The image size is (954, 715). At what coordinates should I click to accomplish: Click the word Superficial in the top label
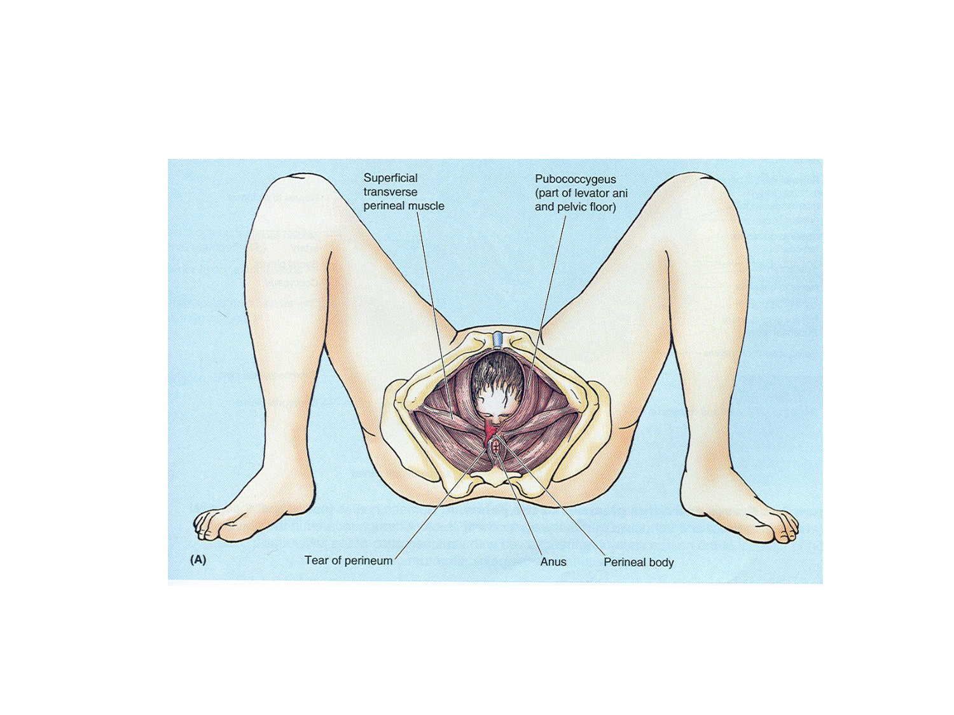tap(391, 179)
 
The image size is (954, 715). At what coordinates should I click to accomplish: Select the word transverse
tap(391, 192)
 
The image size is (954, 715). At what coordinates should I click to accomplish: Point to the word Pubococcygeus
tap(575, 180)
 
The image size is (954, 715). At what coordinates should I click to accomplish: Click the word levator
tap(591, 193)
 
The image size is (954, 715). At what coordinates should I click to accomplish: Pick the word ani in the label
tap(619, 193)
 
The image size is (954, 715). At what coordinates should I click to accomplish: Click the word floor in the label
tap(604, 207)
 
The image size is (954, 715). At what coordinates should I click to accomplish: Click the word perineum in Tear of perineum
tap(368, 561)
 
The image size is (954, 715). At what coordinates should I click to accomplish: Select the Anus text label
tap(553, 562)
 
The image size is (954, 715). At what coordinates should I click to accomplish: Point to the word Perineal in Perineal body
tap(625, 562)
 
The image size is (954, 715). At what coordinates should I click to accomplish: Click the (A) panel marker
tap(198, 560)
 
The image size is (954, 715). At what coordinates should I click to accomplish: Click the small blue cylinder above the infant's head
tap(498, 339)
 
